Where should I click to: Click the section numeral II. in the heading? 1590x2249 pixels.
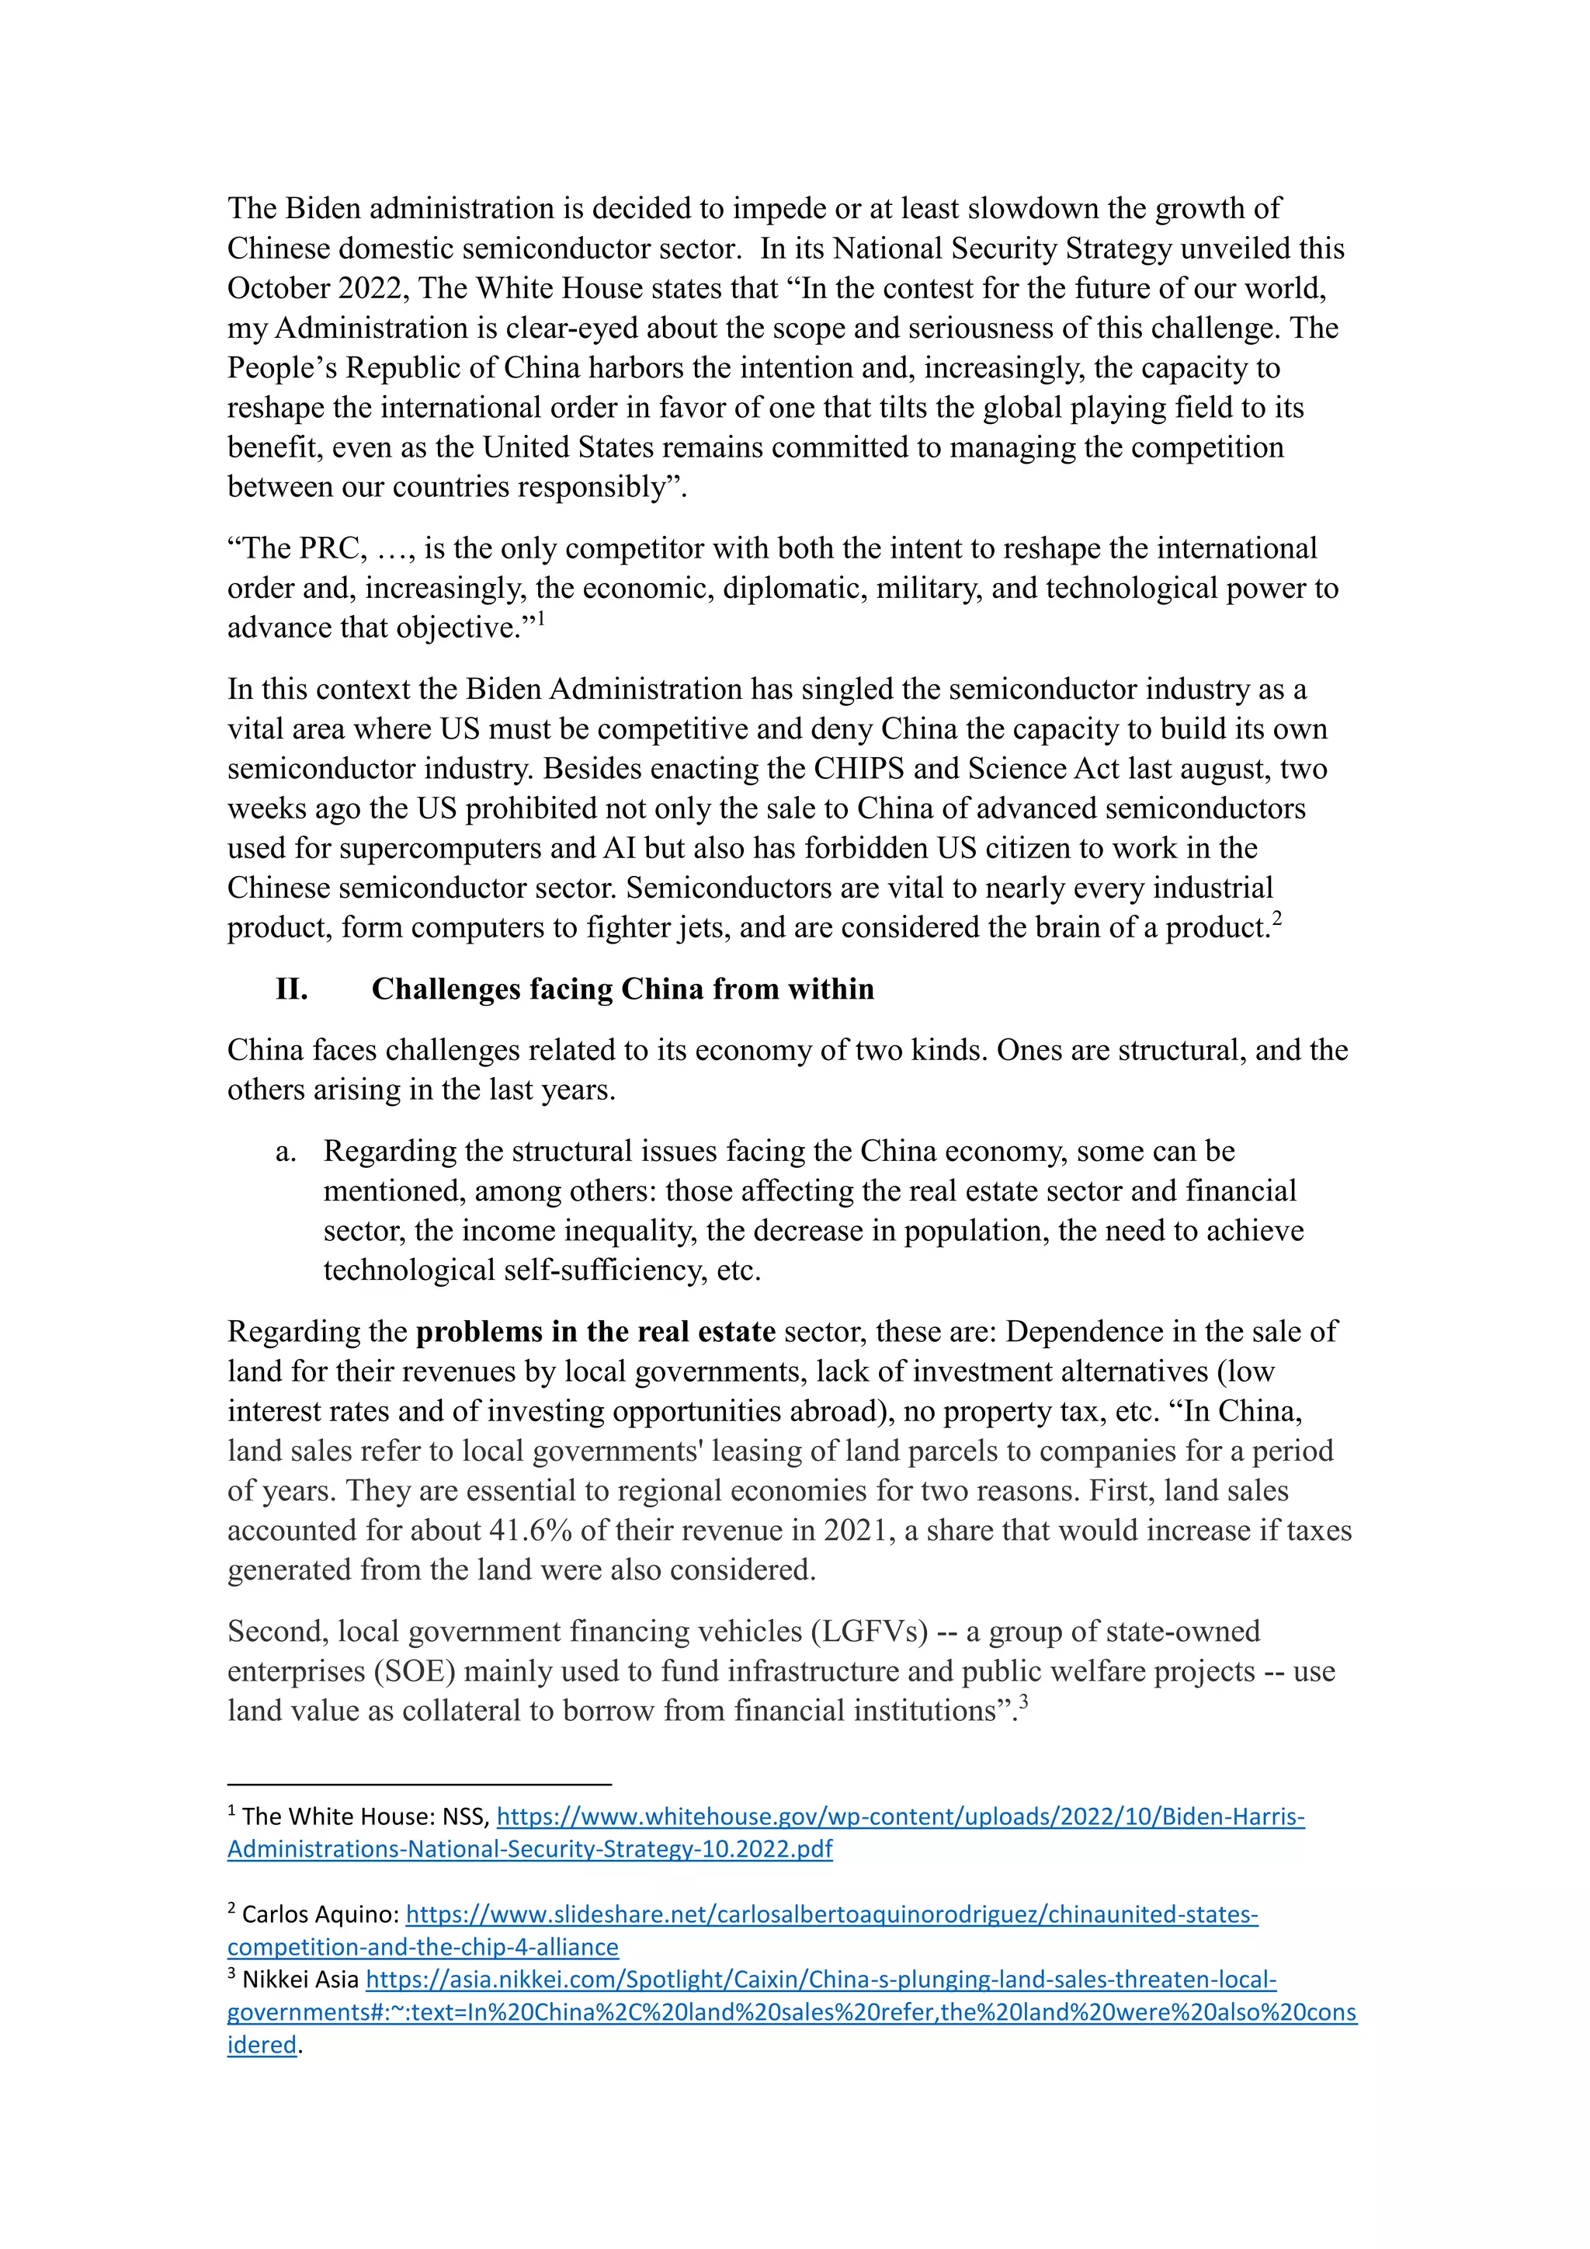[x=292, y=989]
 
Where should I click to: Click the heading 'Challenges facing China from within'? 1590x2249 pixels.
[x=623, y=989]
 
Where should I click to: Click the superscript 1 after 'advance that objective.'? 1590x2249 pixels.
[x=540, y=618]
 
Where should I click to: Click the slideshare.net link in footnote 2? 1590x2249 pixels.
[x=832, y=1914]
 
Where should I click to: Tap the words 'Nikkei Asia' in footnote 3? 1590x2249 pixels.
[x=300, y=1980]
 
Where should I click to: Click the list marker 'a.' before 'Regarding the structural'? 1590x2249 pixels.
[x=286, y=1152]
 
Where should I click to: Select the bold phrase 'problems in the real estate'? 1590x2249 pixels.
[x=595, y=1332]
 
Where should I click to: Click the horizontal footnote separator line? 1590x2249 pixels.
[x=419, y=1784]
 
